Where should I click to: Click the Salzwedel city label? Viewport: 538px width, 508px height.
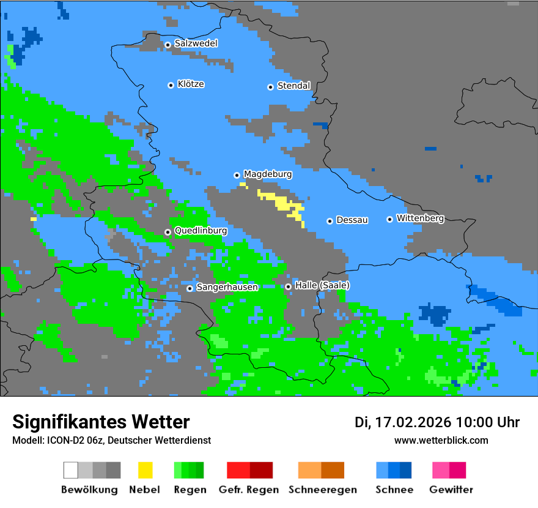(196, 43)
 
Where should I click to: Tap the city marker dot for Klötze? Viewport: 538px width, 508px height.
(171, 85)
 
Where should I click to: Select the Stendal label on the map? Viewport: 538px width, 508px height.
(294, 86)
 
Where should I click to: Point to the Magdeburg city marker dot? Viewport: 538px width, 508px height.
(237, 175)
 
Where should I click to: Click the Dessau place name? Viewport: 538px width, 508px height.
(352, 220)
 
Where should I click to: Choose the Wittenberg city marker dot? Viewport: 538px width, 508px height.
(389, 219)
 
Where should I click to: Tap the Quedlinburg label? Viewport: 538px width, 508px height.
(201, 231)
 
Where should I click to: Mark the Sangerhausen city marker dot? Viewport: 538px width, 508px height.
(190, 288)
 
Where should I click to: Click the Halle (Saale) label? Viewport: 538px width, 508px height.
(322, 285)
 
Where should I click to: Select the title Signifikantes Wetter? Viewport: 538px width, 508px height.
(101, 422)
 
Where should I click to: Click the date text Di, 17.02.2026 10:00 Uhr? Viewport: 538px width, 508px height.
(437, 422)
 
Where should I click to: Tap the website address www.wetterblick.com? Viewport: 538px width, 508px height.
(441, 440)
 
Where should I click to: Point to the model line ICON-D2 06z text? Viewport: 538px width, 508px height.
(111, 440)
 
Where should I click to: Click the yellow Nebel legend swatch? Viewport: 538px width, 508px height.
(145, 470)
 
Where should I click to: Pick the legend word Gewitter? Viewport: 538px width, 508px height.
(451, 490)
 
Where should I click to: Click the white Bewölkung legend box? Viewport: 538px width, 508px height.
(71, 470)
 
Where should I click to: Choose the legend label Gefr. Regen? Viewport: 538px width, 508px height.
(249, 490)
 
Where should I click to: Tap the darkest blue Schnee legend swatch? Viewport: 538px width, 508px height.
(406, 470)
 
